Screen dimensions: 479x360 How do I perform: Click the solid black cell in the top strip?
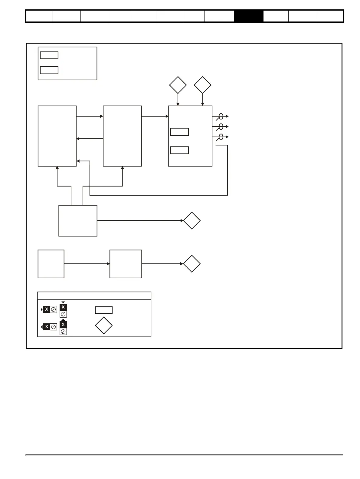pyautogui.click(x=248, y=16)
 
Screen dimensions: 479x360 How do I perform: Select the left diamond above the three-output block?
pyautogui.click(x=178, y=85)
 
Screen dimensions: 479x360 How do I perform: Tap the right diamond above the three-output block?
pyautogui.click(x=202, y=85)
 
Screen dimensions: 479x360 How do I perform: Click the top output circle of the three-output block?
pyautogui.click(x=221, y=116)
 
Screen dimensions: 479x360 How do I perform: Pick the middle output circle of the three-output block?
pyautogui.click(x=221, y=127)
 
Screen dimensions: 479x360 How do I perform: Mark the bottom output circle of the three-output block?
pyautogui.click(x=221, y=137)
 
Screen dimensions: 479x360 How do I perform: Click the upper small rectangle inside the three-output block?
pyautogui.click(x=179, y=132)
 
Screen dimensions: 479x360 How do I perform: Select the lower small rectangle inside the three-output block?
pyautogui.click(x=179, y=150)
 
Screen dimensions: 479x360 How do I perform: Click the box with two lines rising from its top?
pyautogui.click(x=78, y=221)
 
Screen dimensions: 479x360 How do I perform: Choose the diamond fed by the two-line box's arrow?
pyautogui.click(x=192, y=221)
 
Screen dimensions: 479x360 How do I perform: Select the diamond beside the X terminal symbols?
pyautogui.click(x=104, y=325)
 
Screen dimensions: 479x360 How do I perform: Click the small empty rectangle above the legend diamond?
pyautogui.click(x=104, y=310)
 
